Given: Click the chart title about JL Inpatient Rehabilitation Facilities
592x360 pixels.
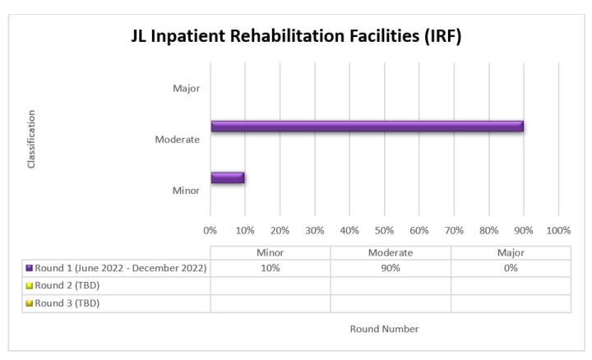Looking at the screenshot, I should [295, 38].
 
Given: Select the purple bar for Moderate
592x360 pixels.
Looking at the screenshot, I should [367, 126].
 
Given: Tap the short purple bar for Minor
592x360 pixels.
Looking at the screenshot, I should [227, 177].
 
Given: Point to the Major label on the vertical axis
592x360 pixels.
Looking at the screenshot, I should [186, 88].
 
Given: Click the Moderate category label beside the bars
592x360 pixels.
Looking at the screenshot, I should [178, 139].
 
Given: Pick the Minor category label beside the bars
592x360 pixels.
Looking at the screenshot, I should [186, 190].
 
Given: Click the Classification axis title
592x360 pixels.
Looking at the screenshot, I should [31, 139].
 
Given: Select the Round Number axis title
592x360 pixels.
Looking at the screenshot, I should [385, 329].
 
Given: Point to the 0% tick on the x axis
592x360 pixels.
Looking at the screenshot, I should [210, 229].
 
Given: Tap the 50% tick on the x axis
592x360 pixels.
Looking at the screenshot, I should [384, 229].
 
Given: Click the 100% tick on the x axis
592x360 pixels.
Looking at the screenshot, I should [558, 229].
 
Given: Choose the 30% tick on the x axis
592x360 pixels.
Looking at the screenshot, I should [315, 229].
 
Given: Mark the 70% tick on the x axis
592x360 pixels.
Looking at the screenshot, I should [454, 229].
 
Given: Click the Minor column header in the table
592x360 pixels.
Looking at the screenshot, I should [270, 253].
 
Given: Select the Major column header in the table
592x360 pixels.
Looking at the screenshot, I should [511, 253].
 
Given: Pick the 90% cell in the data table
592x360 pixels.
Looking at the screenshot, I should [391, 268].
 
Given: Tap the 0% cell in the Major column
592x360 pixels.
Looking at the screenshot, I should [511, 268].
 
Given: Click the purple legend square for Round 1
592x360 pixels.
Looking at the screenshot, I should [29, 268].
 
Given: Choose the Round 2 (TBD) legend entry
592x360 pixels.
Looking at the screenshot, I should [62, 285].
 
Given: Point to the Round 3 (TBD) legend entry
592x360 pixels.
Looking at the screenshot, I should [62, 302].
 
